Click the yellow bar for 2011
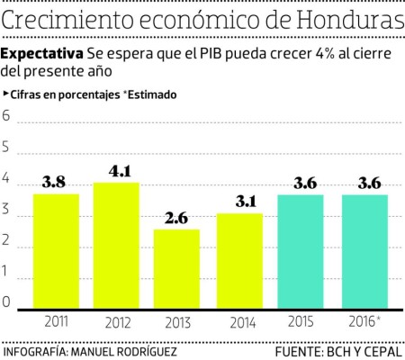click(x=56, y=252)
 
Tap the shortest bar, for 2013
click(x=176, y=269)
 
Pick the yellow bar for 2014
click(x=238, y=261)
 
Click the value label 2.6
click(x=176, y=217)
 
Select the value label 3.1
click(x=238, y=201)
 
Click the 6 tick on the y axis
click(x=7, y=116)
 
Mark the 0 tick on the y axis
click(x=7, y=302)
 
